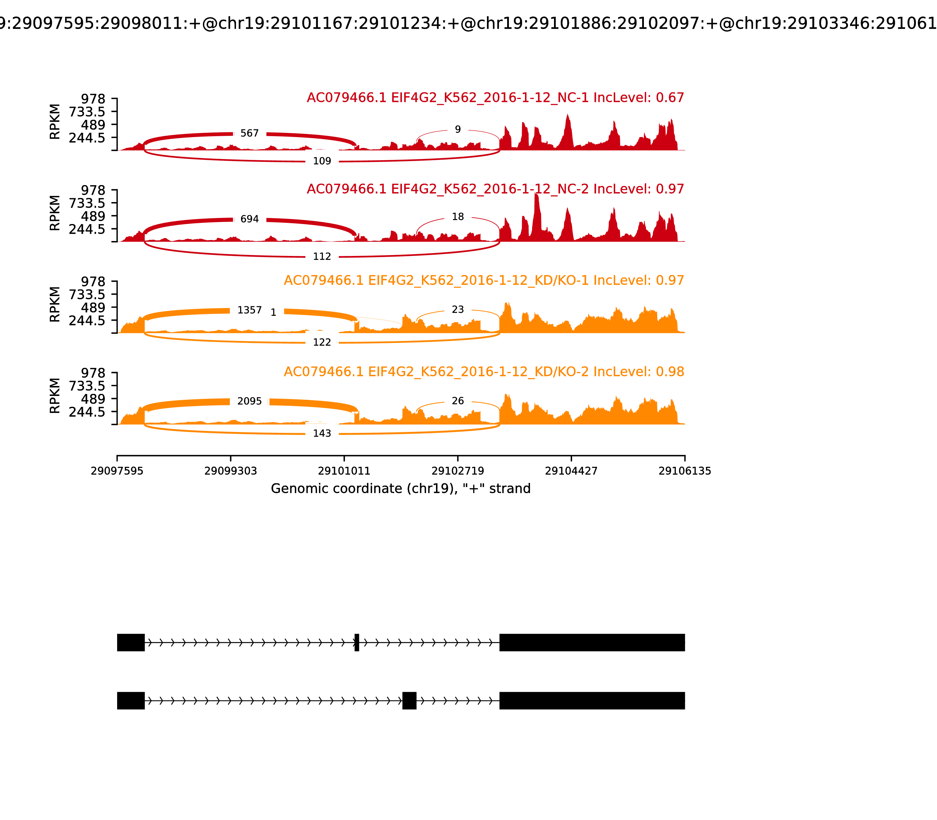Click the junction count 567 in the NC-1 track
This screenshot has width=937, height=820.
pos(249,133)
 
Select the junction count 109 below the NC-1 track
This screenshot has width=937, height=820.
pos(322,161)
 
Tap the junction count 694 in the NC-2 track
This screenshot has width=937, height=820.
pos(249,219)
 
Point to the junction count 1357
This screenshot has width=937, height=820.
pos(249,310)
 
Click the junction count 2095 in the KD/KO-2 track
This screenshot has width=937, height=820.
pos(249,401)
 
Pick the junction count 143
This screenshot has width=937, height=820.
pos(322,433)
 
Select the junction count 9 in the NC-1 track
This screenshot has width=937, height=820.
pos(457,129)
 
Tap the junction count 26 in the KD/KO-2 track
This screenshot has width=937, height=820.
pos(457,401)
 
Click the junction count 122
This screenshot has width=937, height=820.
pos(322,342)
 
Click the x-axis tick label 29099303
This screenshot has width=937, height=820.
pos(231,471)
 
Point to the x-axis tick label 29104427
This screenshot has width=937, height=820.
pos(571,471)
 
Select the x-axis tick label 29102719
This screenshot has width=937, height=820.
pos(457,471)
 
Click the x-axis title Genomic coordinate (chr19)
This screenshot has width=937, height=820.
pos(400,489)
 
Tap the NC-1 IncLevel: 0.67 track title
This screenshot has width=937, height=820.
pos(495,98)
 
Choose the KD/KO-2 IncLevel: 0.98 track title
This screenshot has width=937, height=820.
pos(484,372)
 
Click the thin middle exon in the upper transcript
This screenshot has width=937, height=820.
pos(357,643)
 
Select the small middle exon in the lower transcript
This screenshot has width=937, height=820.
pos(409,701)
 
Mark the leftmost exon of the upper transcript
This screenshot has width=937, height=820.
pos(131,643)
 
